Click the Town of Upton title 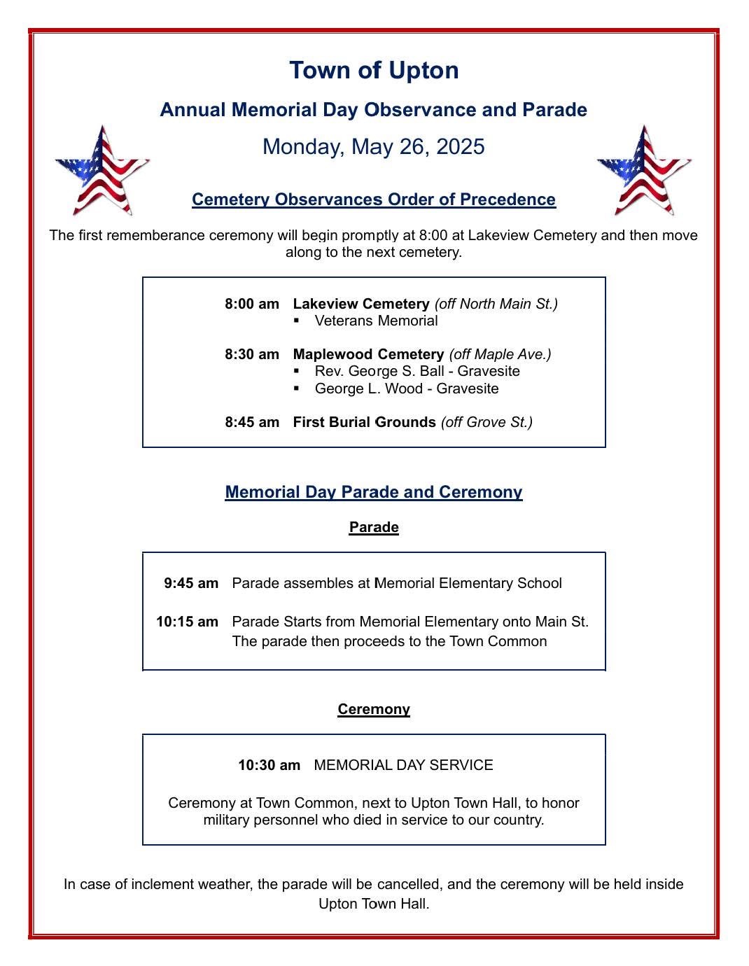(x=374, y=70)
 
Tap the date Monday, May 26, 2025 (x=374, y=146)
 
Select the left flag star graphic (x=102, y=171)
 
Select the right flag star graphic (x=643, y=171)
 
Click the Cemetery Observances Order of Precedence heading (x=374, y=199)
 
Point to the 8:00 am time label (x=252, y=304)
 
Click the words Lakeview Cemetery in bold (x=360, y=304)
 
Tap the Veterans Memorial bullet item (x=376, y=321)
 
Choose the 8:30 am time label (x=252, y=354)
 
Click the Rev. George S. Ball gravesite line (x=417, y=371)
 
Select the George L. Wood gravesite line (x=407, y=388)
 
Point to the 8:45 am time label (x=252, y=422)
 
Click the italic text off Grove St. (x=486, y=422)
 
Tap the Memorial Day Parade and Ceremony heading (x=374, y=492)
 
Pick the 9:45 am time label (x=191, y=583)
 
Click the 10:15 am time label (x=187, y=622)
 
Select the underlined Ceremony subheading (x=374, y=709)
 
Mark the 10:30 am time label (x=269, y=765)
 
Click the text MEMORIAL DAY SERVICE (x=404, y=765)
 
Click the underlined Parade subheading (x=374, y=527)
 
